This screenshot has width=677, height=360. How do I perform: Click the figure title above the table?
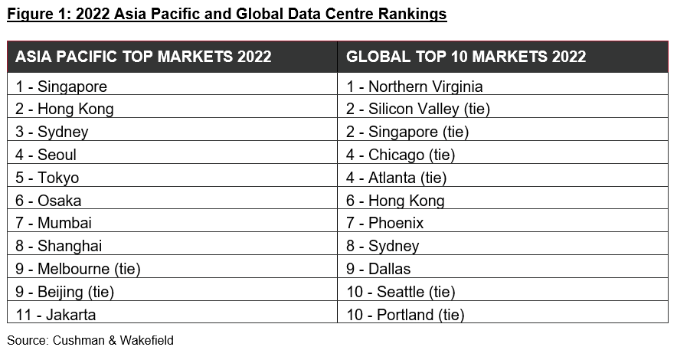tap(227, 14)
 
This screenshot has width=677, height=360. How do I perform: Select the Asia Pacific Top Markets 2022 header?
tap(143, 57)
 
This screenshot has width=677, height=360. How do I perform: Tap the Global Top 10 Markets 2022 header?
tap(466, 57)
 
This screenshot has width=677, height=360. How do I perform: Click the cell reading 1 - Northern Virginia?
tap(414, 87)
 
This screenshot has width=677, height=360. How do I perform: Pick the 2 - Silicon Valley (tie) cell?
tap(417, 109)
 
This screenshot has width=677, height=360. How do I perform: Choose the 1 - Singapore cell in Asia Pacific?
tap(61, 87)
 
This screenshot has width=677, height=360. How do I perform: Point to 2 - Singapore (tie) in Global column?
tap(407, 132)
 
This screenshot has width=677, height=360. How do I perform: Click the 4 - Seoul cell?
tap(46, 155)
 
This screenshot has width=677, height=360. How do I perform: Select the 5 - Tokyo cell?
tap(47, 178)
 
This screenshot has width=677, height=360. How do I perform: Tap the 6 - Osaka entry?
tap(48, 201)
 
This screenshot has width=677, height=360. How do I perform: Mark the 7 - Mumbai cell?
tap(54, 223)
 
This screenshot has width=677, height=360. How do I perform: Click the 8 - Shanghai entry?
tap(59, 246)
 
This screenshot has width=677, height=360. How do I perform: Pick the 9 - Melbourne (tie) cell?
tap(78, 269)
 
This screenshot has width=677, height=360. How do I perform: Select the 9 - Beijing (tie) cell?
tap(64, 291)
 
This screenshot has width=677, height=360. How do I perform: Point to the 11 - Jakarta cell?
tap(56, 314)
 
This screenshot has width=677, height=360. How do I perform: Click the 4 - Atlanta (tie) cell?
tap(396, 178)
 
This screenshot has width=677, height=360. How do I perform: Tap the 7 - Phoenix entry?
tap(384, 223)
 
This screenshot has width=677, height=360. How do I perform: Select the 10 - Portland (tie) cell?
tap(405, 314)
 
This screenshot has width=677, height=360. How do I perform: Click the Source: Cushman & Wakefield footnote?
tap(90, 340)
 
